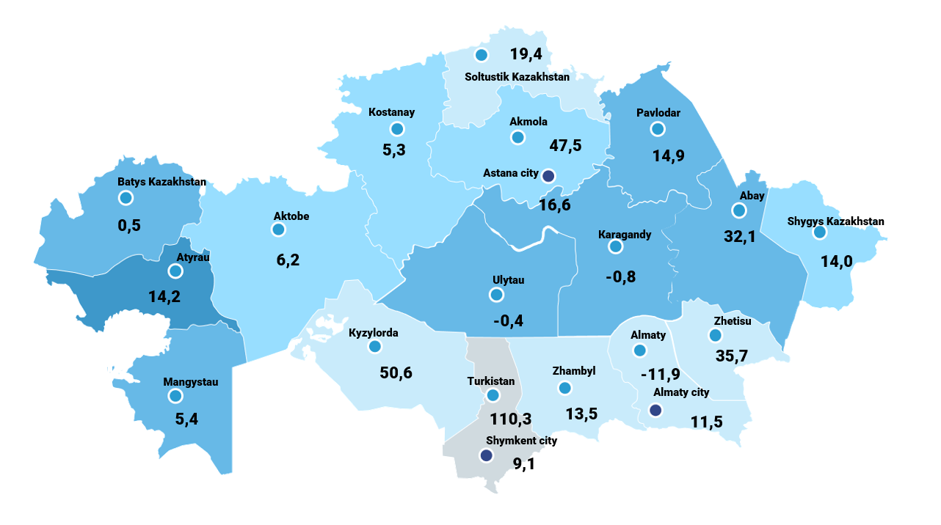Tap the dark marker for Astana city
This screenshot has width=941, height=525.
(548, 175)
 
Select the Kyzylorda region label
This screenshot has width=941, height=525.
(374, 332)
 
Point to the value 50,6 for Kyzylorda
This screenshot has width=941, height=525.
(396, 372)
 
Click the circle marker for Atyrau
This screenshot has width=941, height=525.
(175, 271)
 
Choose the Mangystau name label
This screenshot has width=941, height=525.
(191, 381)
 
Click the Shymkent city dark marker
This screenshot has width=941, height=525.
(486, 455)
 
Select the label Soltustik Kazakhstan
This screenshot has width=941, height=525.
(517, 76)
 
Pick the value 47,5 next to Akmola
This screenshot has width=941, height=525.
(565, 145)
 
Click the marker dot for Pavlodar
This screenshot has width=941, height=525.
(657, 129)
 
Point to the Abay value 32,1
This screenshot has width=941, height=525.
(740, 237)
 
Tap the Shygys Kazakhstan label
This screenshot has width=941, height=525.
(835, 221)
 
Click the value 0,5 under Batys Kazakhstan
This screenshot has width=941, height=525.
(129, 225)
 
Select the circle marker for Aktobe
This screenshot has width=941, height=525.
(278, 230)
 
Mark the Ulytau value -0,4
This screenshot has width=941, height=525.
(508, 320)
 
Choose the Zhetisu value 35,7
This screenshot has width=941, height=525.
(731, 356)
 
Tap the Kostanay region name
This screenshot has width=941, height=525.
(391, 112)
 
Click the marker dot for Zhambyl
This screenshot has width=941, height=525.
(564, 388)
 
